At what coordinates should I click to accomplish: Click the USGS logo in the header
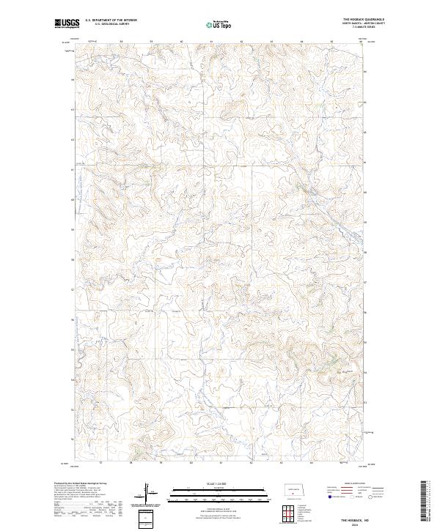tap(66, 23)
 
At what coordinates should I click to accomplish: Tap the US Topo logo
tap(219, 24)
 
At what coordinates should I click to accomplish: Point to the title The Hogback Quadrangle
tap(364, 20)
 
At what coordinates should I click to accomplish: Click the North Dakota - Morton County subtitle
tap(364, 23)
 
